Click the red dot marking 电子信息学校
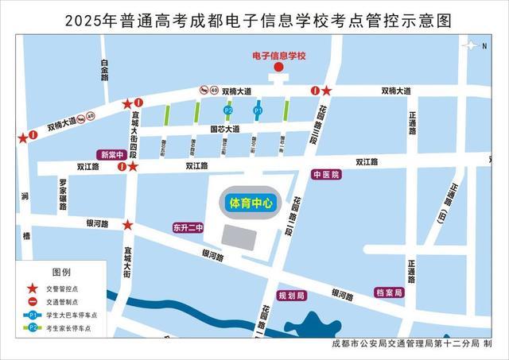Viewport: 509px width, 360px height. click(x=278, y=68)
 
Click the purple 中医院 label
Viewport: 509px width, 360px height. click(x=326, y=174)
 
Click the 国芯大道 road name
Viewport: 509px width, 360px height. click(x=224, y=129)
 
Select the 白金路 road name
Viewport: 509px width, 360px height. click(x=103, y=74)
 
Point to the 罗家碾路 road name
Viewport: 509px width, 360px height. click(x=62, y=195)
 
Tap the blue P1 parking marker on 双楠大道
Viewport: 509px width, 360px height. click(x=257, y=110)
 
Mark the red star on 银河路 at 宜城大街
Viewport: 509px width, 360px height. click(x=127, y=225)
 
